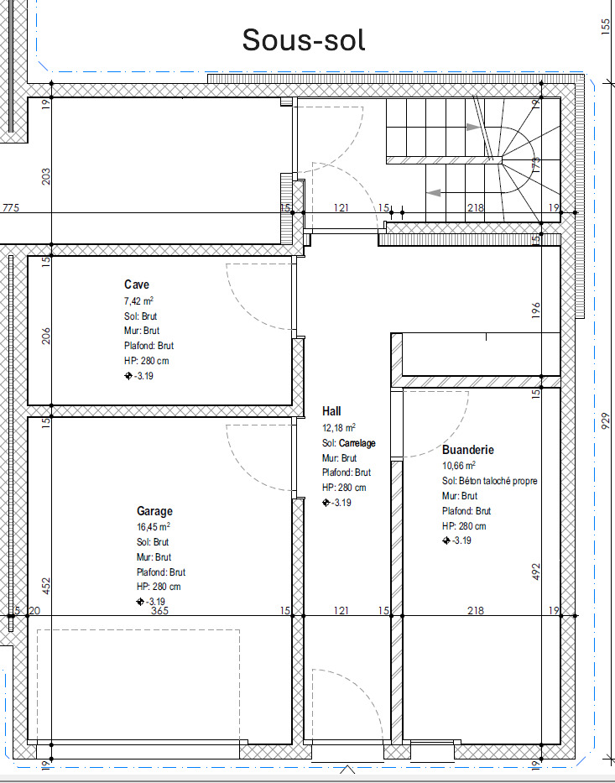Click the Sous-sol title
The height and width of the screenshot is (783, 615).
tap(304, 40)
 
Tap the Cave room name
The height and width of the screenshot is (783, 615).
tap(136, 284)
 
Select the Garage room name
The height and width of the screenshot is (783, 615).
tap(154, 511)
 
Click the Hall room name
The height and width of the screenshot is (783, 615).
tap(331, 411)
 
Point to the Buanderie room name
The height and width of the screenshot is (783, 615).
tap(467, 450)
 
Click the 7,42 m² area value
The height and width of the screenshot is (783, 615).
tap(138, 301)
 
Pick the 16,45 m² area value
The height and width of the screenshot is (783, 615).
tap(154, 527)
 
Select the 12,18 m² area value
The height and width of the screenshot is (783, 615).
tap(338, 428)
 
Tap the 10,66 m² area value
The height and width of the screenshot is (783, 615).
tap(459, 466)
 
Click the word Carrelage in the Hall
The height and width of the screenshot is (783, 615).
tap(357, 443)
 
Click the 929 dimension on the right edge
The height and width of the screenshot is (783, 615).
tap(606, 421)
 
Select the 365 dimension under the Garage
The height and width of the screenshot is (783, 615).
tap(159, 610)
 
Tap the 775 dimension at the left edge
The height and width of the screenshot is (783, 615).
tap(11, 207)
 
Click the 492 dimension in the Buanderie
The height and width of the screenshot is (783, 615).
tap(536, 572)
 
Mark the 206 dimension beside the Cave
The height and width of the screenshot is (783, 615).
tap(46, 336)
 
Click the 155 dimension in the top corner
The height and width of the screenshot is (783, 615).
tap(606, 26)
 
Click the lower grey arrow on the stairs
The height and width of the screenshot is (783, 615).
tap(434, 192)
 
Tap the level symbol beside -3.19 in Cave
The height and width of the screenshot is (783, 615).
tap(128, 376)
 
